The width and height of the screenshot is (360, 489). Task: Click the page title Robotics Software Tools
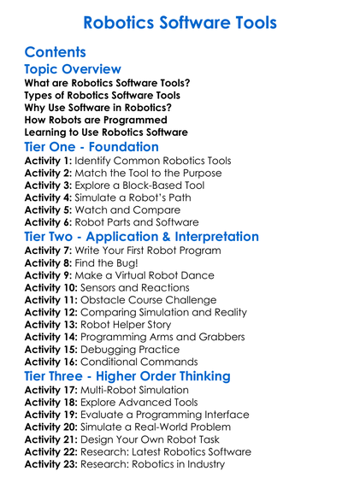(x=180, y=20)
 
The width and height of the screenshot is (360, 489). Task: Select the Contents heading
(x=56, y=51)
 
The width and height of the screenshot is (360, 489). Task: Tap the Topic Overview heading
(x=73, y=69)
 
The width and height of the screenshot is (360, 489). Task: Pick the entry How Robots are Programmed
(x=93, y=121)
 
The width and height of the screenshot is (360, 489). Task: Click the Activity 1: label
(x=50, y=160)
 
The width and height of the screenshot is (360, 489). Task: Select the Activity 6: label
(x=50, y=221)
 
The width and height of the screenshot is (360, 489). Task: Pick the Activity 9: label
(x=50, y=275)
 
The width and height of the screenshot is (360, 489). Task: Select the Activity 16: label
(x=54, y=362)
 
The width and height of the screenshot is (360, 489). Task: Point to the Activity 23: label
(x=54, y=464)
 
